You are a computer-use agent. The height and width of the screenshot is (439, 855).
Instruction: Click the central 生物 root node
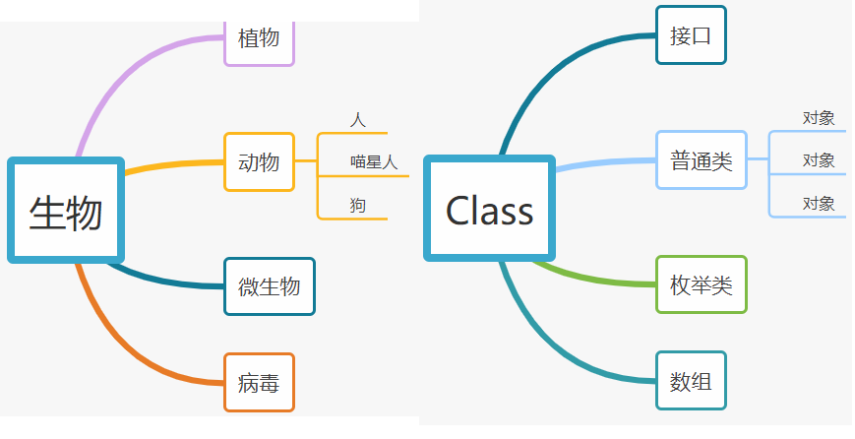65,210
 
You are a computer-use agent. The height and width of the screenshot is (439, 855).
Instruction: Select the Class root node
489,209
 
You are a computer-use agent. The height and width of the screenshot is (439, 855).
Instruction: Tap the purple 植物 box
259,39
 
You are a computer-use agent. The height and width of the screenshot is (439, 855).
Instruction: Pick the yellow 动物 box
259,161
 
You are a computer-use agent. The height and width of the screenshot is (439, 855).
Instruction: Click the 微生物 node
269,286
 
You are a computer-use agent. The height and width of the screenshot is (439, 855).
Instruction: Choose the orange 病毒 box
259,382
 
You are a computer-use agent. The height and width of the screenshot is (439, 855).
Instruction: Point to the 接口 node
690,35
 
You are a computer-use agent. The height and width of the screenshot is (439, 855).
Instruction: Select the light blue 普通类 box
701,160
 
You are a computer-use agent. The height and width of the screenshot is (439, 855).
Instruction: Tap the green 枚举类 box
701,285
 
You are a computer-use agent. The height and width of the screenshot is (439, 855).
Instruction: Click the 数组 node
690,380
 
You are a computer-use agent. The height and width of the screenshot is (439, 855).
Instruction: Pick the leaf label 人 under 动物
357,120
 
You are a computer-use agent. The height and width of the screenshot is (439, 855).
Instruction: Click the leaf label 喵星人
374,162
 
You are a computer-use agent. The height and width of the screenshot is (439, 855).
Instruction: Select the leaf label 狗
357,205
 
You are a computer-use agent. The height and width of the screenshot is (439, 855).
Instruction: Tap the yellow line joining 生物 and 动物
172,164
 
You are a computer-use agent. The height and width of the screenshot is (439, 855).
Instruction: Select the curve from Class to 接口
551,69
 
